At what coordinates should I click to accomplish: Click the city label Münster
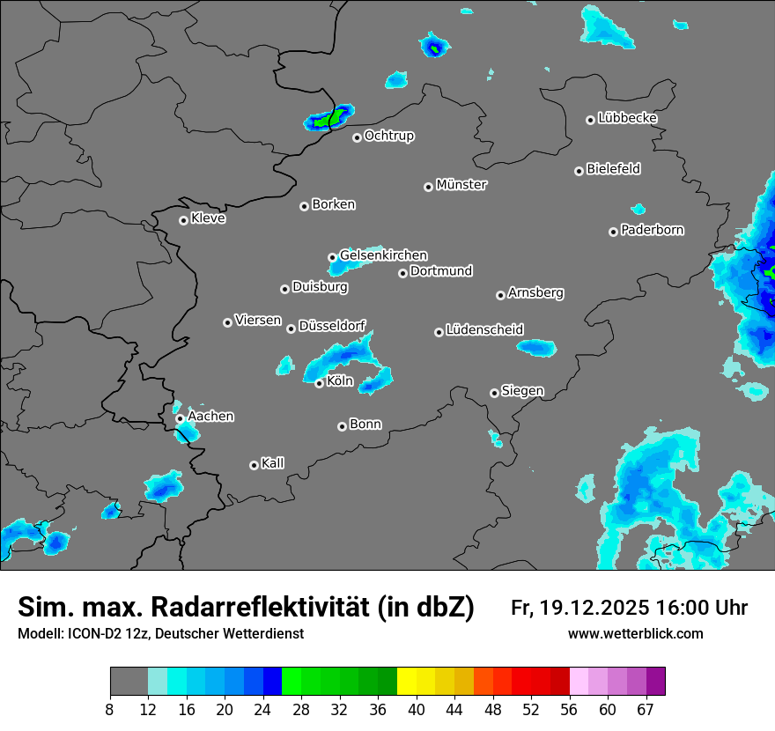click(x=461, y=185)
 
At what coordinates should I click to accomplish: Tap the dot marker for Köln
click(x=319, y=383)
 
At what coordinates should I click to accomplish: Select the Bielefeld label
click(x=614, y=169)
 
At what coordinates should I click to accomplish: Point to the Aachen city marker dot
click(x=180, y=418)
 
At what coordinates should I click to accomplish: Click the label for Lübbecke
click(x=627, y=118)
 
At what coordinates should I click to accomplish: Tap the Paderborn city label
click(x=653, y=230)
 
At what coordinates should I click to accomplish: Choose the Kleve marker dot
click(x=183, y=220)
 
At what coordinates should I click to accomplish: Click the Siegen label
click(x=522, y=391)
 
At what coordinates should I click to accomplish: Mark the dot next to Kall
click(x=254, y=465)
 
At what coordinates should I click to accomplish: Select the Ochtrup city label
click(x=389, y=136)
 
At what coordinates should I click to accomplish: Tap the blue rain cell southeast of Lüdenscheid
click(x=536, y=348)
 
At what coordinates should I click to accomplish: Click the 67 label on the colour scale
click(x=646, y=709)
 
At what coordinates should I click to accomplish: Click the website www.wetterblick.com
click(x=636, y=633)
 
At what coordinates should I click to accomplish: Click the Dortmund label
click(x=441, y=271)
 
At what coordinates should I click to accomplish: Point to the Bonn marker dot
click(x=342, y=426)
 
